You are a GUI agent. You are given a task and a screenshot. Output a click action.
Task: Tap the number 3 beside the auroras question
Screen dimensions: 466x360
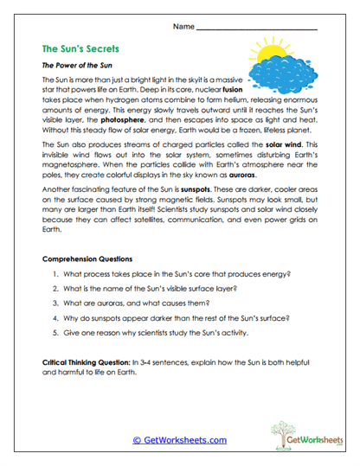55,302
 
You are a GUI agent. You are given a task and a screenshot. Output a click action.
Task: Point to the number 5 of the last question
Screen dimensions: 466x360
55,331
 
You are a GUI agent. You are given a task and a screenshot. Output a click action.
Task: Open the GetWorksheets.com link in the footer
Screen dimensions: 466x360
180,439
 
